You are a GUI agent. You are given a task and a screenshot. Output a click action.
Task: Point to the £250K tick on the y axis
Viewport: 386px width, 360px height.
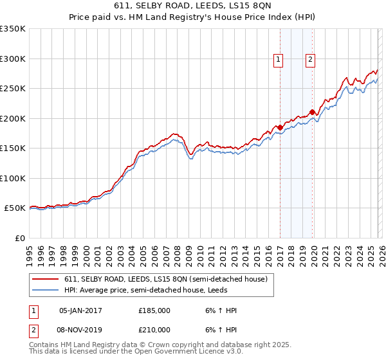click(13, 89)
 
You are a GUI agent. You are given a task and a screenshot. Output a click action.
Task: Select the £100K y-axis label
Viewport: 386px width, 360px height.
click(13, 179)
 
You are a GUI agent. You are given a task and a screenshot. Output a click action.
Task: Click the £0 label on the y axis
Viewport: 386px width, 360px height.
click(19, 239)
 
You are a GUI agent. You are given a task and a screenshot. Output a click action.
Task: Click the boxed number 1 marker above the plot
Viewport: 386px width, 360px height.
click(279, 60)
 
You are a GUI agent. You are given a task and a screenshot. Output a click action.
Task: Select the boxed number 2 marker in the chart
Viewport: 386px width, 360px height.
click(310, 60)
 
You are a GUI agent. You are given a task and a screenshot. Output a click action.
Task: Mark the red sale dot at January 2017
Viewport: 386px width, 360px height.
click(280, 127)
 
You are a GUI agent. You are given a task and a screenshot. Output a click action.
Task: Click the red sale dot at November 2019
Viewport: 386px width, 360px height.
click(312, 112)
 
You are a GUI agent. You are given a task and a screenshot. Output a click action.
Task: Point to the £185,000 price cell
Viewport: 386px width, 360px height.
click(154, 310)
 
